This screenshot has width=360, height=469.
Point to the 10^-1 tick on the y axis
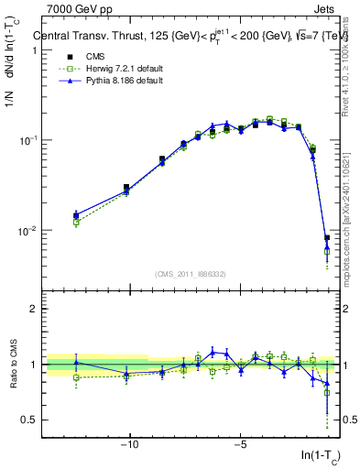[30, 140]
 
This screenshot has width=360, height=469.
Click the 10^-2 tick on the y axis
[30, 231]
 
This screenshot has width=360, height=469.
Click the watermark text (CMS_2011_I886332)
[191, 275]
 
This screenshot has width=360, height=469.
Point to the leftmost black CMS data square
[76, 215]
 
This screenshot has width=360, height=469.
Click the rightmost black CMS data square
[327, 238]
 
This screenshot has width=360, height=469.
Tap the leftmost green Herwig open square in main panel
[76, 223]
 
